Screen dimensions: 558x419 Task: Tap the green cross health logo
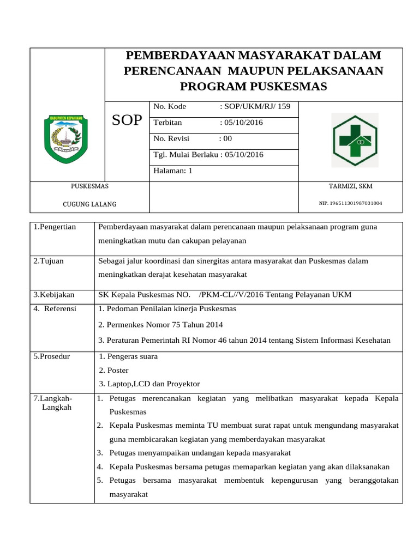tap(355, 140)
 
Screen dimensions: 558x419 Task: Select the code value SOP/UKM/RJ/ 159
tap(255, 106)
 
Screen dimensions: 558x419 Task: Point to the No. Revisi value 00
tap(225, 138)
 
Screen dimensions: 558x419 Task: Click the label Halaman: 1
tap(173, 171)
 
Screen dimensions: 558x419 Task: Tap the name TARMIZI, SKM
tap(351, 186)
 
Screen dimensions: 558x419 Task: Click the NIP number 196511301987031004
tap(350, 203)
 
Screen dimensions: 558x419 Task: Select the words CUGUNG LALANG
tap(90, 204)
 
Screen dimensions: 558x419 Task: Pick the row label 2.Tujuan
tap(49, 261)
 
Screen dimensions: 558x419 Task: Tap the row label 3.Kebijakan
tap(53, 295)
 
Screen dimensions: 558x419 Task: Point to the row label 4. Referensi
tap(55, 309)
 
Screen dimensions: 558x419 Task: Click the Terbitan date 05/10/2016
tap(241, 123)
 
